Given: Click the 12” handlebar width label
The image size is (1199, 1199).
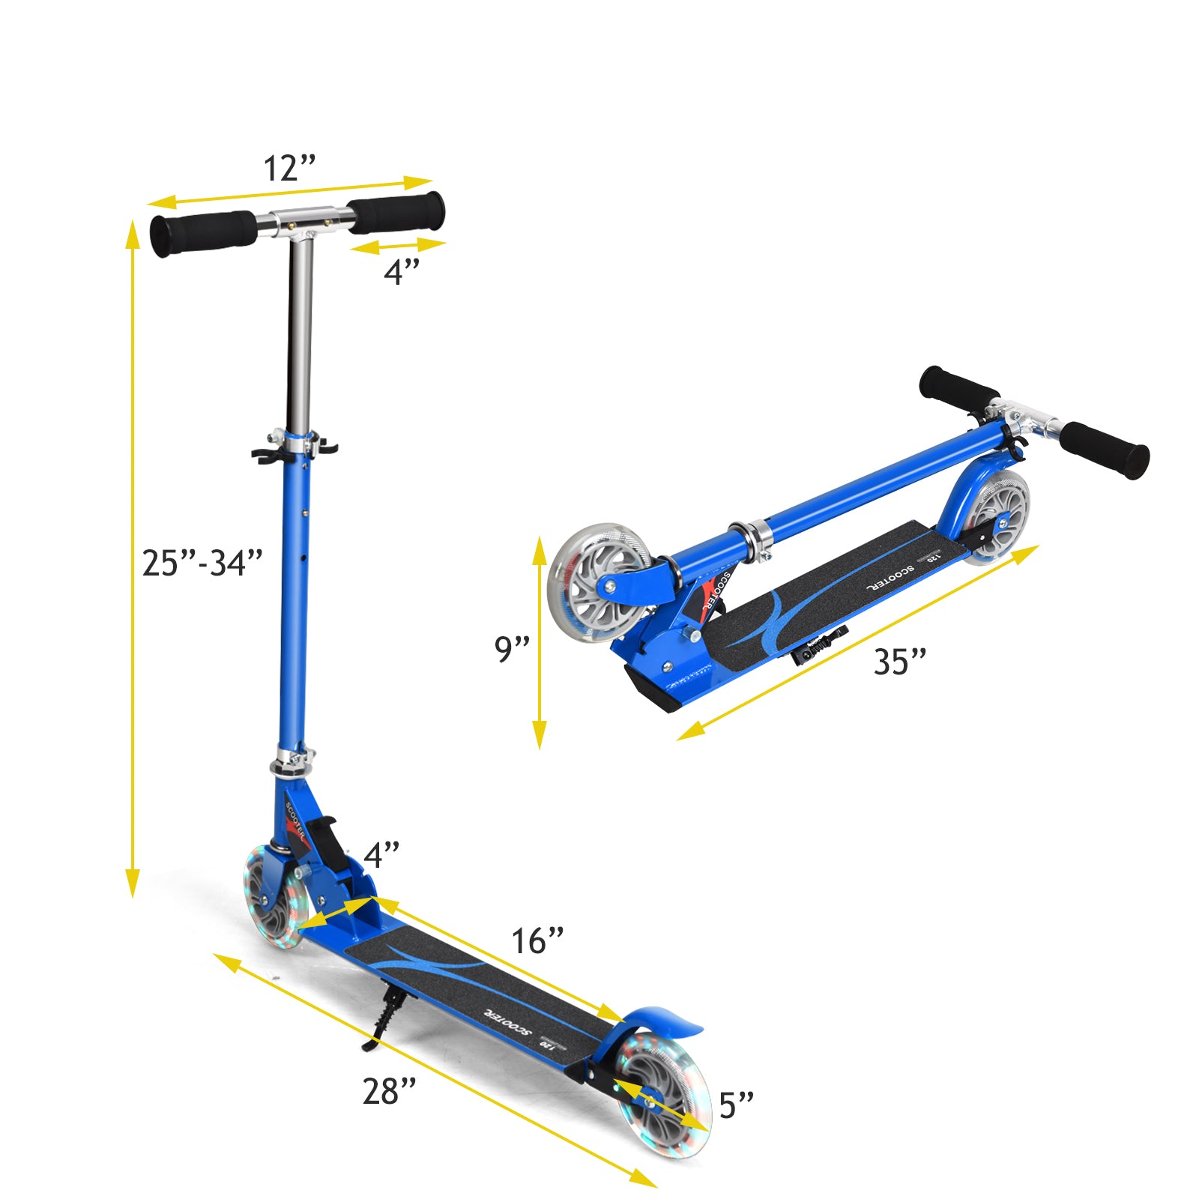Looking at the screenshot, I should [x=289, y=169].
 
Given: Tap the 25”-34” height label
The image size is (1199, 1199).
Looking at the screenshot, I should [x=202, y=564].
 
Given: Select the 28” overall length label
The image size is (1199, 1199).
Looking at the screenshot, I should [x=390, y=1092].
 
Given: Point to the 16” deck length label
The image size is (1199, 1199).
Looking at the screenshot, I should [x=537, y=942].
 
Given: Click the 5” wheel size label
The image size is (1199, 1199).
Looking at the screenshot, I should [x=736, y=1105].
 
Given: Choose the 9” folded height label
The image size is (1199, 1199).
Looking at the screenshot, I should [x=513, y=649].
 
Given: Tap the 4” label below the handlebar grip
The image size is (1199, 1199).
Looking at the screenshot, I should [x=402, y=271].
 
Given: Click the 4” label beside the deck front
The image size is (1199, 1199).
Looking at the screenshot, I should [x=381, y=855].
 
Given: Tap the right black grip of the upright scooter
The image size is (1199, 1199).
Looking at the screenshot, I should [x=397, y=212].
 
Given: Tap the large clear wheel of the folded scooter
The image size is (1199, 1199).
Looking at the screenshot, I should [x=599, y=582].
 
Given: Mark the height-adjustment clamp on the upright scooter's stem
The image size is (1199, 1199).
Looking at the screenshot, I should [x=295, y=446].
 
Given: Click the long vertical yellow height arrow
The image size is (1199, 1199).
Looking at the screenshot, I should [x=133, y=558].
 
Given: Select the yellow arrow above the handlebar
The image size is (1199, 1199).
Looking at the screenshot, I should [x=290, y=191].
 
